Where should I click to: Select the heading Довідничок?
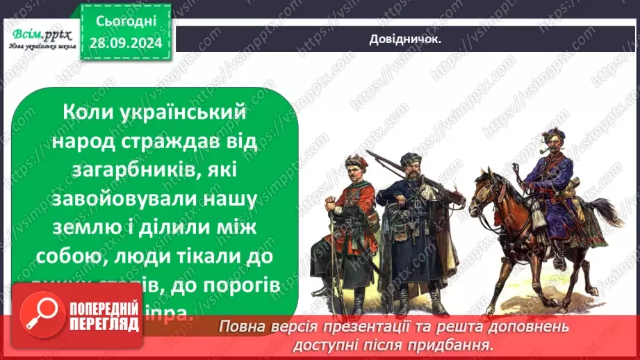(406, 40)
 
